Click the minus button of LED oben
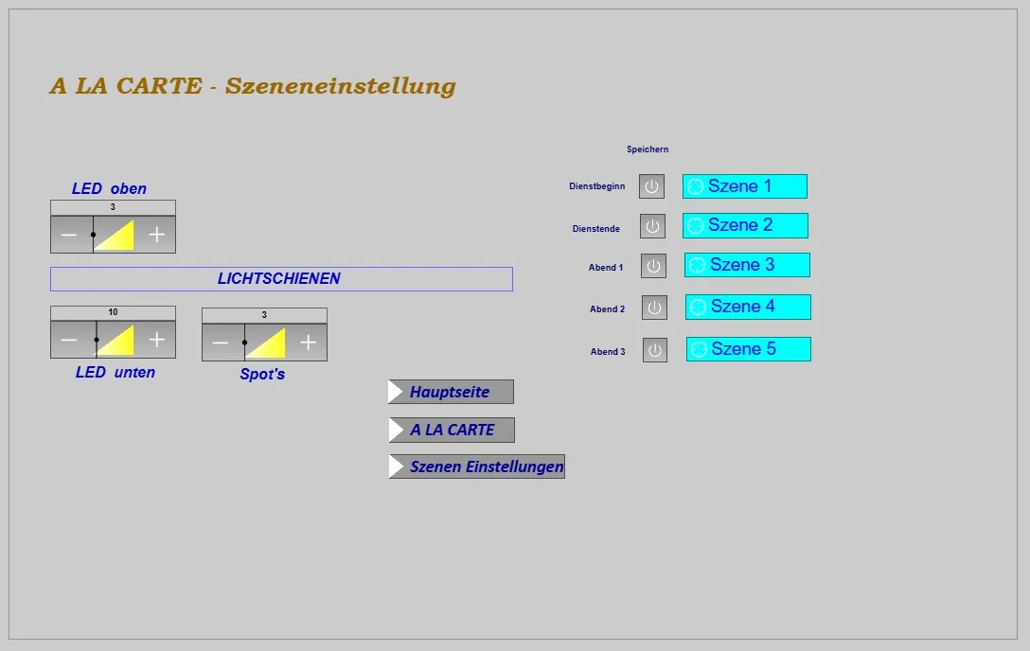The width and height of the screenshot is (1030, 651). tap(69, 235)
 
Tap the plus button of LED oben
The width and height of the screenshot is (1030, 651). tap(157, 235)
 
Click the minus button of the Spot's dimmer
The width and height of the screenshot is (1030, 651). tap(221, 343)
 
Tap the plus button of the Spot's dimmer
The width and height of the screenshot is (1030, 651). tap(309, 343)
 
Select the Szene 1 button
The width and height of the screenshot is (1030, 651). tap(745, 186)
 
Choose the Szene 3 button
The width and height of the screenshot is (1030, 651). tap(747, 265)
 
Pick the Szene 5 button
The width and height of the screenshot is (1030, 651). tap(749, 349)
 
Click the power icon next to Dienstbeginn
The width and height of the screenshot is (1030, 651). tap(651, 186)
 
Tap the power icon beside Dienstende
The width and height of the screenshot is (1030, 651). tap(653, 226)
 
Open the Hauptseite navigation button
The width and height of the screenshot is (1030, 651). tap(451, 392)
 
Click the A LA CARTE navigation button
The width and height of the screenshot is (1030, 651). tap(452, 430)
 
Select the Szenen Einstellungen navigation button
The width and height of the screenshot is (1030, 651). tap(476, 466)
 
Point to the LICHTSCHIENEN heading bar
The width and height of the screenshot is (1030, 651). tap(281, 279)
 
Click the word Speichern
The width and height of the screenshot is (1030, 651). tap(648, 150)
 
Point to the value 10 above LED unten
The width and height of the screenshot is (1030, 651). tap(113, 312)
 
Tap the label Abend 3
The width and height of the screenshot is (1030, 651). tap(608, 352)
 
